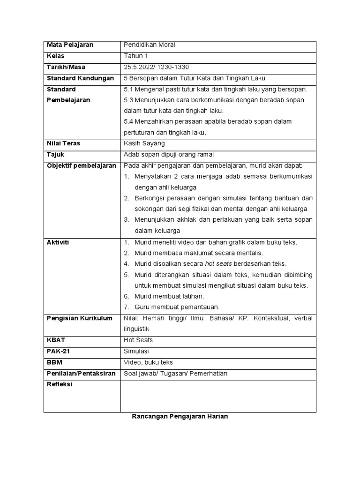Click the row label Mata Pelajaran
(x=70, y=45)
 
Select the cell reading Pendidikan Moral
(x=149, y=45)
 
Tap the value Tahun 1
(x=136, y=56)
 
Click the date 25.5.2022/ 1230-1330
(x=156, y=67)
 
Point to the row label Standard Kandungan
(x=80, y=78)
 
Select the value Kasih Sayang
(x=144, y=143)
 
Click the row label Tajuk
(x=55, y=154)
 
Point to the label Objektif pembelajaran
(x=81, y=165)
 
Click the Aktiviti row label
(x=58, y=242)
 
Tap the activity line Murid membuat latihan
(x=169, y=296)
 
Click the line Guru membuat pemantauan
(x=177, y=307)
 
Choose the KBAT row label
(x=56, y=340)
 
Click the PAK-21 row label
(x=58, y=351)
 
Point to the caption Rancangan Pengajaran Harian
(x=180, y=417)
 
